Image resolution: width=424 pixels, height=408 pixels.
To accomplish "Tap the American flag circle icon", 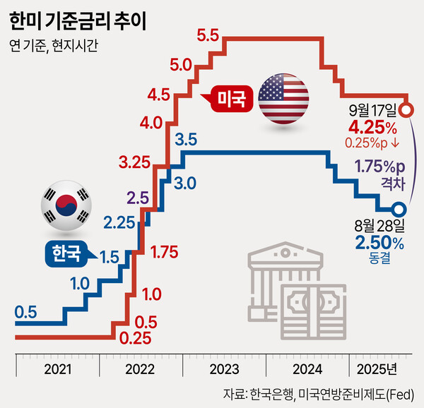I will (283, 97).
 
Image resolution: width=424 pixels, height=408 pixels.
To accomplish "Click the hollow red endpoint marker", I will (406, 111).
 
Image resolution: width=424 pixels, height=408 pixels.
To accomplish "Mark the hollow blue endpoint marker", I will (399, 210).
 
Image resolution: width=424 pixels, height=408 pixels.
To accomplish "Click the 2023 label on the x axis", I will (225, 369).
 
